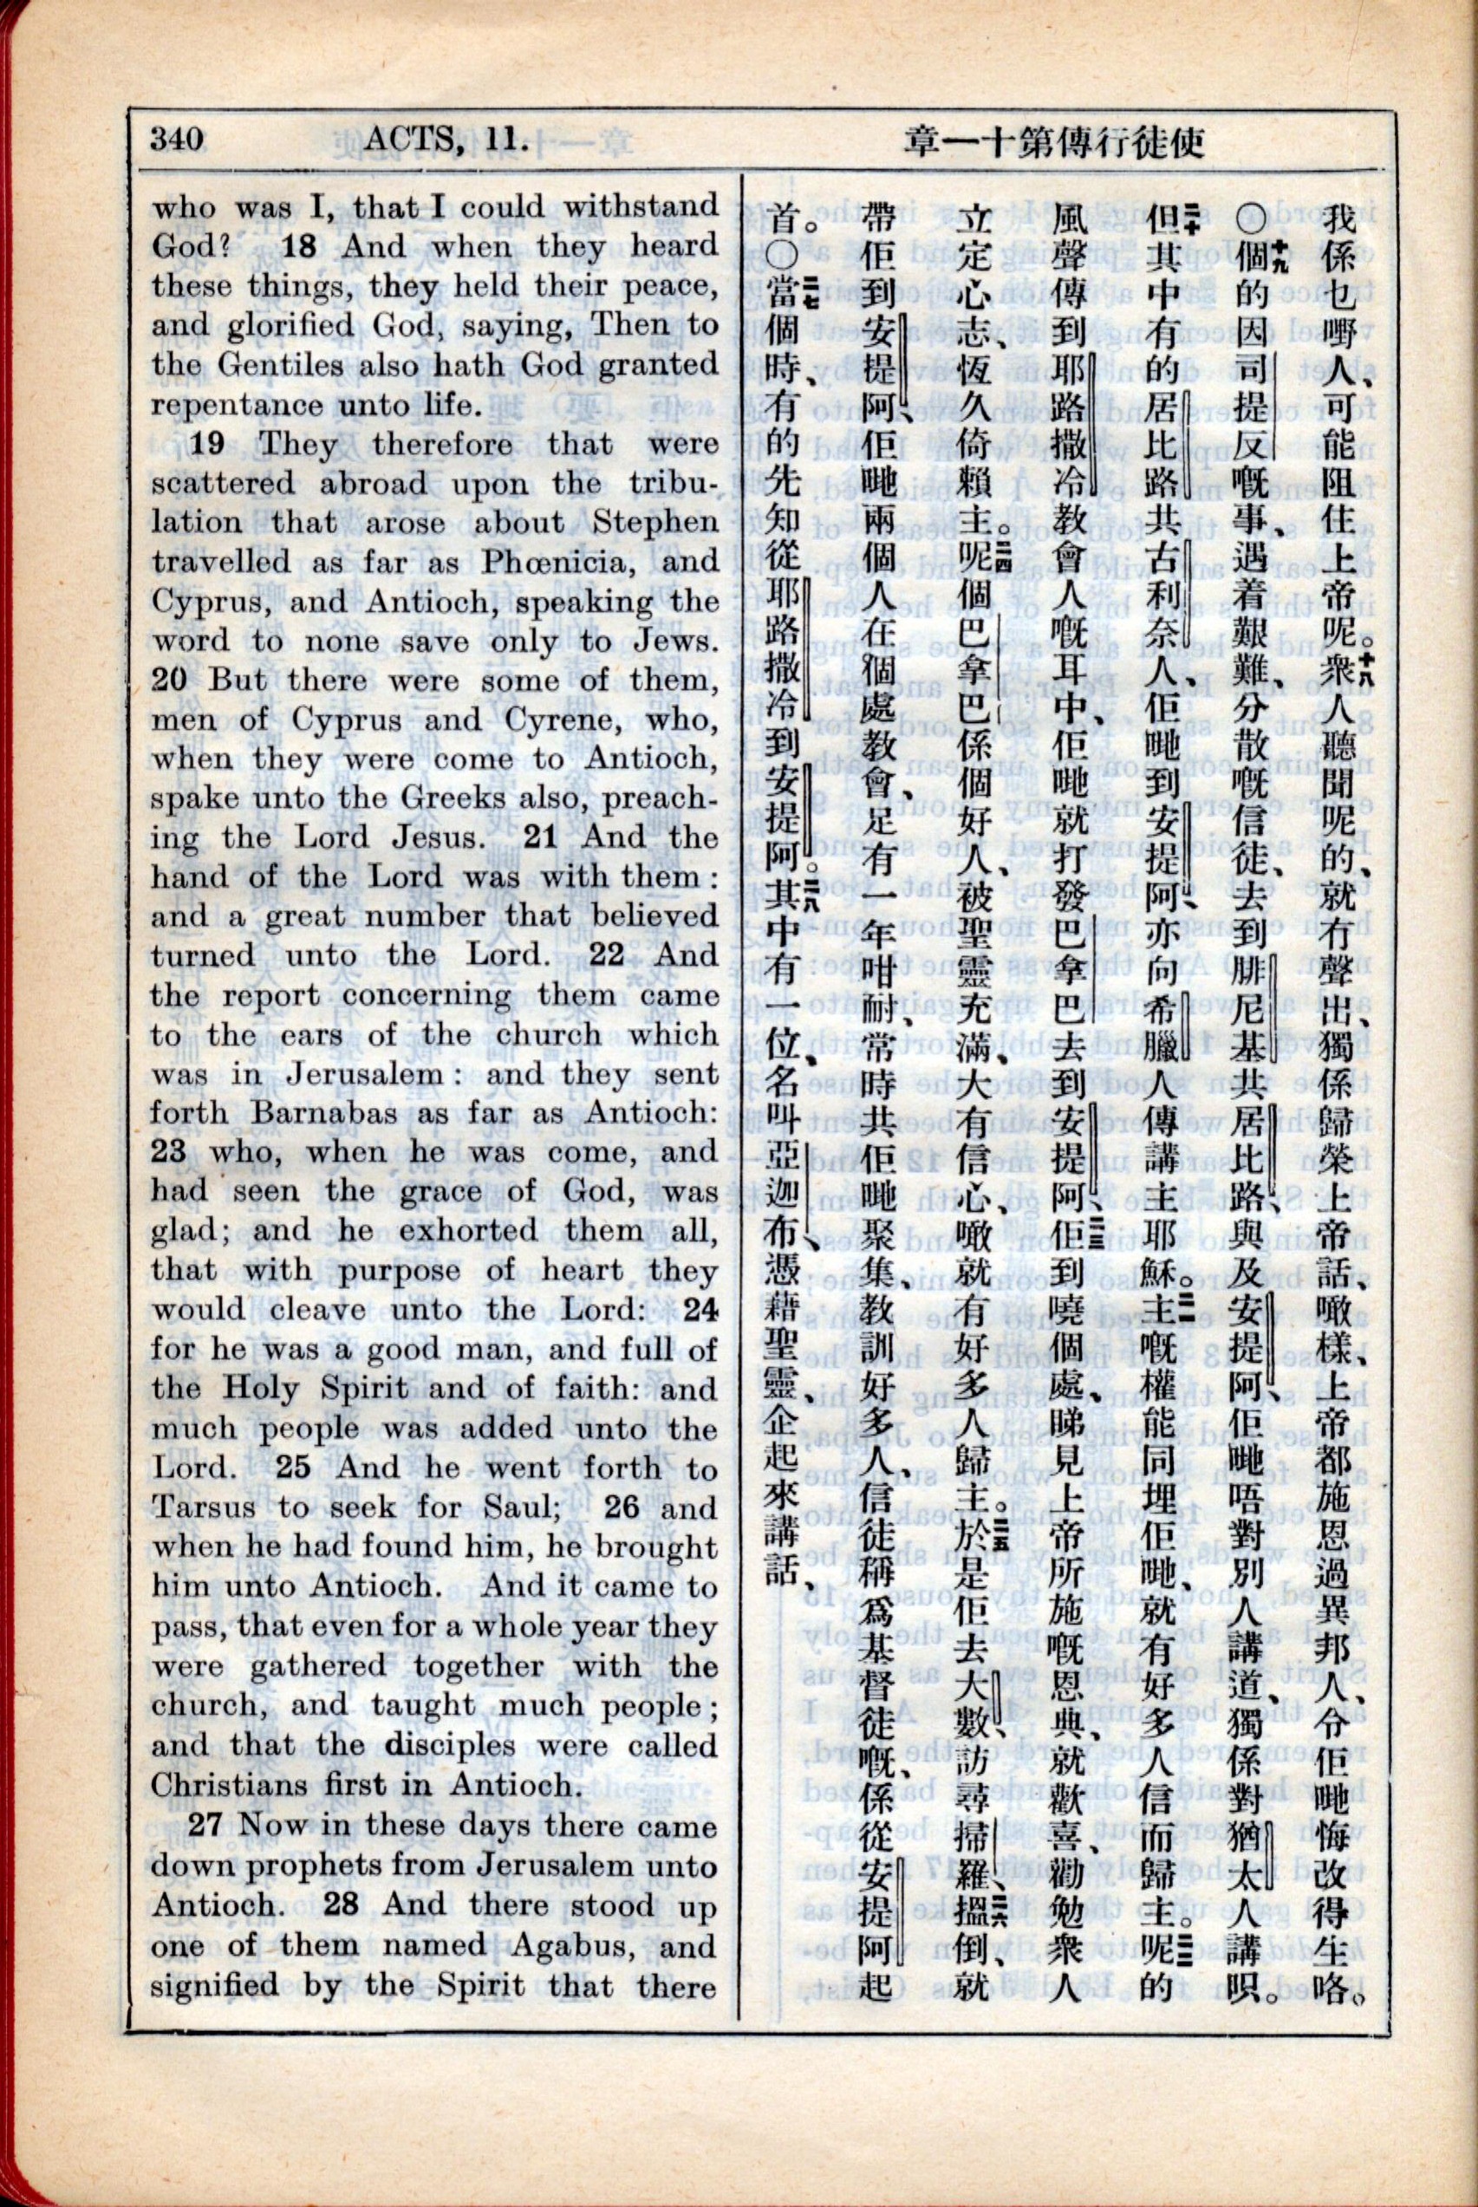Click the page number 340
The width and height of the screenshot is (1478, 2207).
tap(176, 140)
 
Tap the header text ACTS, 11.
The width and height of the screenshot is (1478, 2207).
tap(443, 140)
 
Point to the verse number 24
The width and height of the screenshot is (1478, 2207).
tap(700, 1310)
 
